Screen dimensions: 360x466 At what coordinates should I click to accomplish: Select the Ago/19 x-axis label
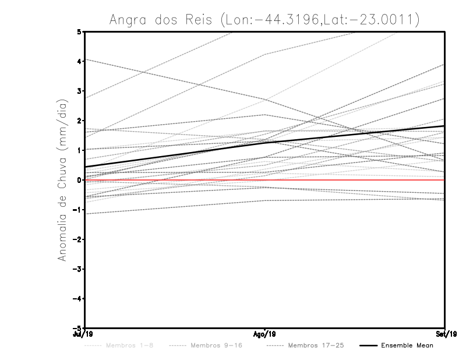point(264,334)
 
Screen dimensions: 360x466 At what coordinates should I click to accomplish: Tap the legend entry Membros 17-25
point(316,345)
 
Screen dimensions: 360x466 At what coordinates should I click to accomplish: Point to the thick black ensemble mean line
point(175,154)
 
